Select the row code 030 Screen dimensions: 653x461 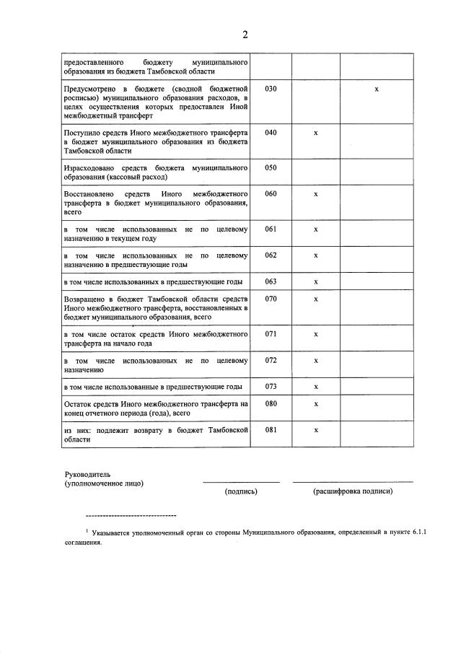tap(271, 88)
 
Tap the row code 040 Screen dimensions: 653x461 tap(271, 133)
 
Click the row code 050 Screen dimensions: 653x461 tap(271, 167)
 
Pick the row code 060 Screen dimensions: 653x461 tap(271, 194)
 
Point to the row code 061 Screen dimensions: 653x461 tap(271, 229)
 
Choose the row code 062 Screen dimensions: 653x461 tap(271, 255)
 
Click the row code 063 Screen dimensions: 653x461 tap(271, 281)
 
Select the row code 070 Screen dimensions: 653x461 tap(271, 299)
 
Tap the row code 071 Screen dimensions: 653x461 tap(271, 334)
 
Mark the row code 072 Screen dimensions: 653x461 tap(271, 360)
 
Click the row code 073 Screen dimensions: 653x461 tap(271, 386)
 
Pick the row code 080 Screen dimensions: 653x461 tap(271, 404)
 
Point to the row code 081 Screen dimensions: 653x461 tap(271, 430)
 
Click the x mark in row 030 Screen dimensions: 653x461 tap(377, 89)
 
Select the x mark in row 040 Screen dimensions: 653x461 tap(316, 133)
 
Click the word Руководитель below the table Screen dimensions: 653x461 tap(87, 473)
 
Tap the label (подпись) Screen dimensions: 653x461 tap(241, 491)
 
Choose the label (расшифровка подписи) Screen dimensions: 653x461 tap(353, 491)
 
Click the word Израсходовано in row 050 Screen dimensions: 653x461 tap(86, 167)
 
